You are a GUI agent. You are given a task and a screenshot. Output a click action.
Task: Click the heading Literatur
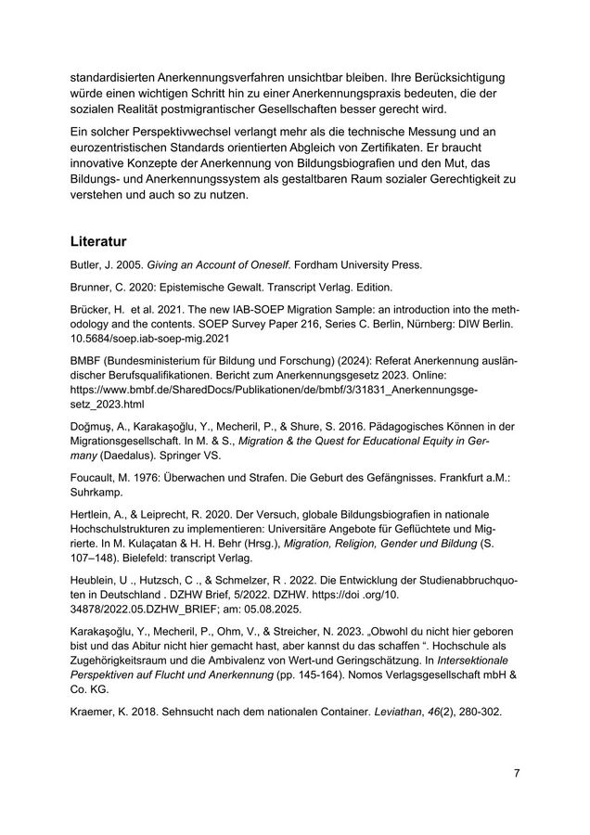click(x=99, y=242)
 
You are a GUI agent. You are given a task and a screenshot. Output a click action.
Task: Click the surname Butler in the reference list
click(x=85, y=264)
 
